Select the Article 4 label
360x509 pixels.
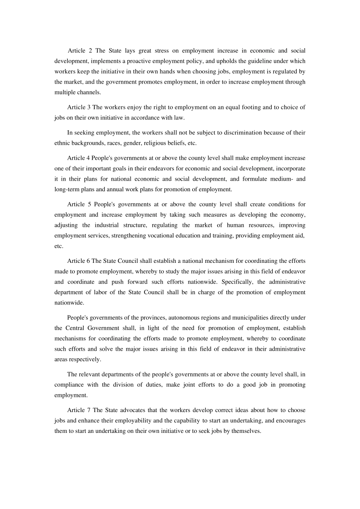click(79, 158)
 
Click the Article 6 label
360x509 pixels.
click(79, 261)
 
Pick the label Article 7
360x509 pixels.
click(79, 410)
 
